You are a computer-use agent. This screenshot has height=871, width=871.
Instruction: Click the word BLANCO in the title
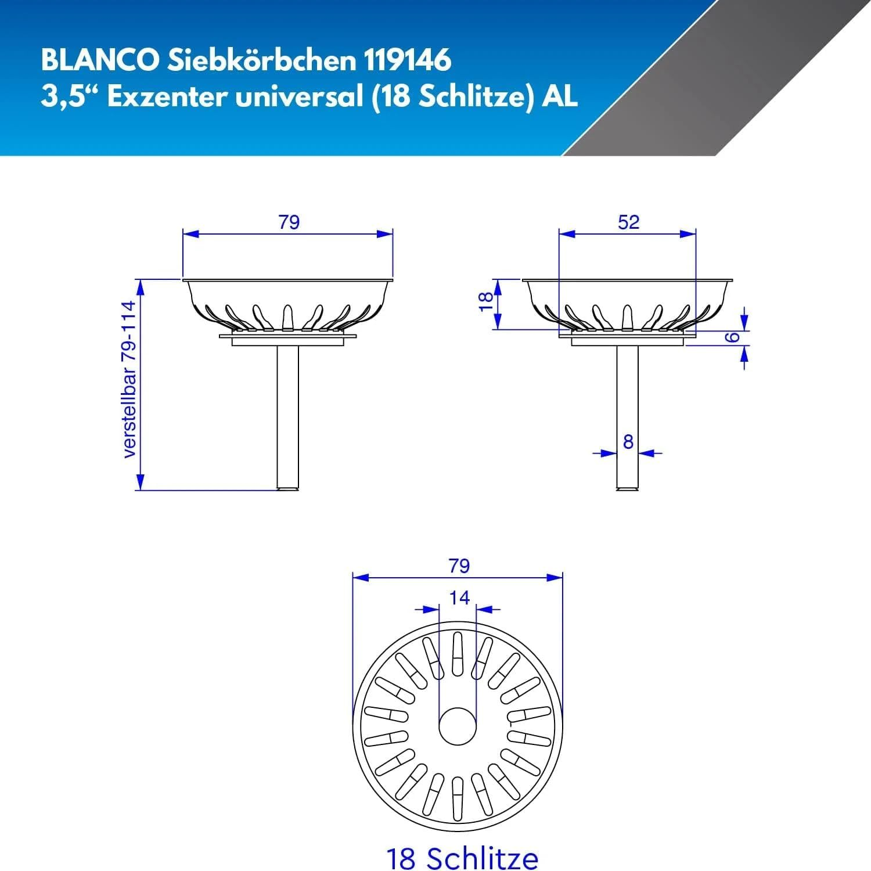99,60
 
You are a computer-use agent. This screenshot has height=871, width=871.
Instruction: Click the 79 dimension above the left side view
289,222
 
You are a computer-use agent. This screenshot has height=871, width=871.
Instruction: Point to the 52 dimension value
628,222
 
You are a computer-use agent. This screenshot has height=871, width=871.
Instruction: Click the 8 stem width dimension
628,442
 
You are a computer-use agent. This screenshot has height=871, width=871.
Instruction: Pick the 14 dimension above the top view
459,598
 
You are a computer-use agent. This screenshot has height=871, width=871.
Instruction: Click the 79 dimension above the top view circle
459,566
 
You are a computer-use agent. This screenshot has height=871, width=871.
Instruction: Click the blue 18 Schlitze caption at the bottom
462,858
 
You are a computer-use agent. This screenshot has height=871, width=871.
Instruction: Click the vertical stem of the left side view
288,418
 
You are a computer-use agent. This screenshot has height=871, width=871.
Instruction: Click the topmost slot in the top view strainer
458,654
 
